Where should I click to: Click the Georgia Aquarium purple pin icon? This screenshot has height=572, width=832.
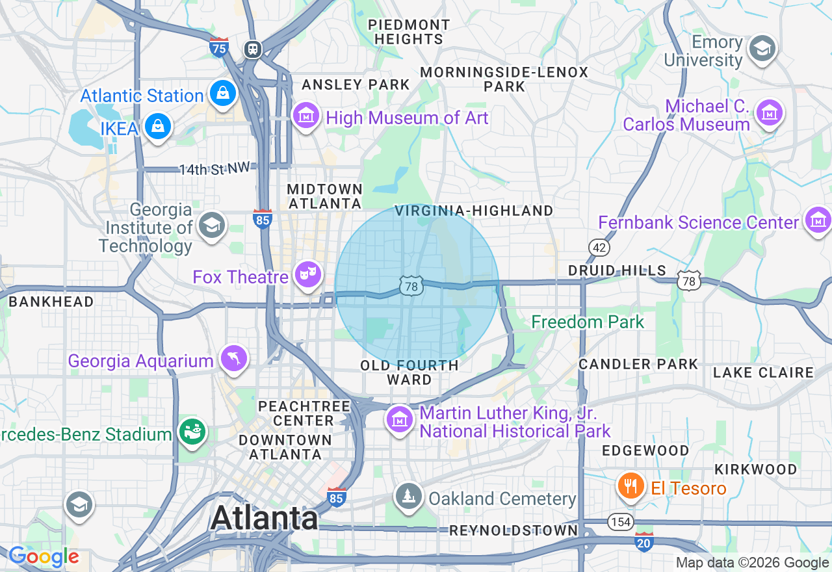tap(234, 358)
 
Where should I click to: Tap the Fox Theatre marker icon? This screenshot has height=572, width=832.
tap(307, 274)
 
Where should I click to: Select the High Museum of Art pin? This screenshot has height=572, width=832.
tap(305, 116)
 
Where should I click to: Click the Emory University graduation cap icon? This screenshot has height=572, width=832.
tap(762, 49)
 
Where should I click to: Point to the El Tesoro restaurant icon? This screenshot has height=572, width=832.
tap(630, 486)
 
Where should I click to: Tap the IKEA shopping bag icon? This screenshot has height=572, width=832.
tap(157, 126)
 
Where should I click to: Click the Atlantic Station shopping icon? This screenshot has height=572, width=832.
tap(222, 94)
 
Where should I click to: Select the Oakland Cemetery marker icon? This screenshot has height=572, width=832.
tap(408, 497)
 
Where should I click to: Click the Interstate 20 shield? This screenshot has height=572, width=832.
tap(643, 541)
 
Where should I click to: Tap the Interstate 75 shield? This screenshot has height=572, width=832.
tap(220, 47)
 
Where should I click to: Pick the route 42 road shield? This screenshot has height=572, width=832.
tap(599, 247)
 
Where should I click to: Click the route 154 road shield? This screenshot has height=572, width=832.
tap(620, 521)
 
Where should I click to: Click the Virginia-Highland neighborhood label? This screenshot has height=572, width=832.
tap(473, 211)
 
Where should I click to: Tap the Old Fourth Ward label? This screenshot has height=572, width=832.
tap(409, 372)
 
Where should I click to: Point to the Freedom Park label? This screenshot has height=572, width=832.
tap(588, 322)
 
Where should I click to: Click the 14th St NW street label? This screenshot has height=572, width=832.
tap(214, 169)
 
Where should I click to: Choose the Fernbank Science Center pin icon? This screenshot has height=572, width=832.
tap(817, 220)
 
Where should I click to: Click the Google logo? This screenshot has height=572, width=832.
tap(44, 556)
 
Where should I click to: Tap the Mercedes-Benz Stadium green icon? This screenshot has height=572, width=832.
tap(192, 431)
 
